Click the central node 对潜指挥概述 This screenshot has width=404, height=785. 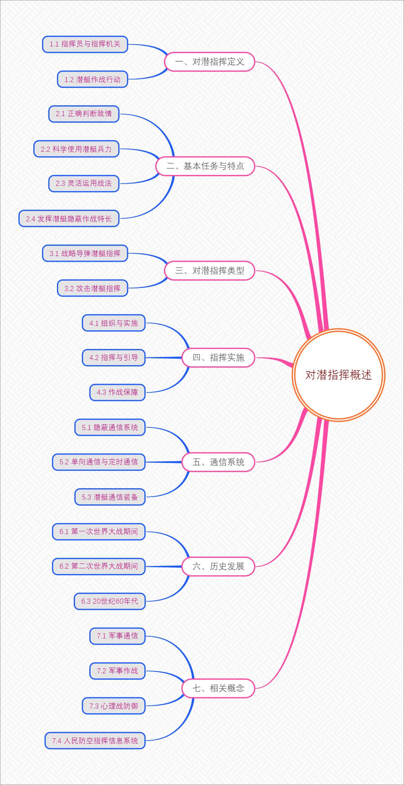pos(338,375)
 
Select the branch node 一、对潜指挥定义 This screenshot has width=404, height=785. pos(209,62)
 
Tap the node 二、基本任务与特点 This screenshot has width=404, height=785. pos(205,166)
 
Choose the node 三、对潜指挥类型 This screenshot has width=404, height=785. pos(209,271)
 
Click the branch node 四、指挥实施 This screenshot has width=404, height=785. pos(218,357)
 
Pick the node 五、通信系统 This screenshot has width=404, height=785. pos(218,462)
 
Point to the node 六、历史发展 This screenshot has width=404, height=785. pos(218,566)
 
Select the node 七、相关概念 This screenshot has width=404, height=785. pos(218,688)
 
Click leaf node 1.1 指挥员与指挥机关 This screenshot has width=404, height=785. pos(85,44)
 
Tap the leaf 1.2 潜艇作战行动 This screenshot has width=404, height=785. pos(93,79)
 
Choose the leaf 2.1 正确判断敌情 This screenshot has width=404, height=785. pos(84,114)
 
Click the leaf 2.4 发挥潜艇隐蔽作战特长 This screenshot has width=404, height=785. pos(69,219)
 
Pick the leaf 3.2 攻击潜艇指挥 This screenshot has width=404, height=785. pos(93,288)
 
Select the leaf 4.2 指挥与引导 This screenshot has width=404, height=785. pos(113,357)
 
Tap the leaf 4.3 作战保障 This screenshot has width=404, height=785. pos(117,392)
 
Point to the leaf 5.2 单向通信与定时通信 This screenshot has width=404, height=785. pos(99,462)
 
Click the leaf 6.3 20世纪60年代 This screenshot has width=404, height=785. pos(109,601)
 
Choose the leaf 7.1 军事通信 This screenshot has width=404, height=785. pos(117,636)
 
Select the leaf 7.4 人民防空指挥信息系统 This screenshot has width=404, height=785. pos(95,741)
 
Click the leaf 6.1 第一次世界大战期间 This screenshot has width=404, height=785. pos(99,532)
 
